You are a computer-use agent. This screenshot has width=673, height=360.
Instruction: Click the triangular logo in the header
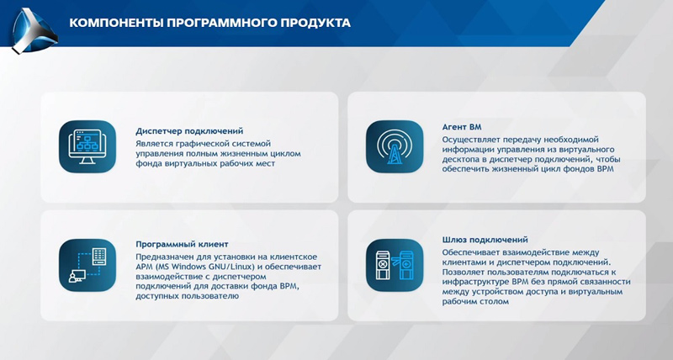(x=34, y=31)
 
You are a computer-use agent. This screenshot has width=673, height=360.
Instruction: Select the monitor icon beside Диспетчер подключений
(x=87, y=146)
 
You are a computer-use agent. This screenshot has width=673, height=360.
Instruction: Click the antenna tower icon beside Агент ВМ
(x=395, y=146)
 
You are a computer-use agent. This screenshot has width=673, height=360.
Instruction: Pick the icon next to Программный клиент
(x=87, y=265)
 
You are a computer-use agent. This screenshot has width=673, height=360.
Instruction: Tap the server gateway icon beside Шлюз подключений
(x=395, y=265)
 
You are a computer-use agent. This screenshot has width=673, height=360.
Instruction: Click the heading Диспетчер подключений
(x=189, y=131)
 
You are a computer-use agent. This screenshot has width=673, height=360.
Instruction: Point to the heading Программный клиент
(x=182, y=244)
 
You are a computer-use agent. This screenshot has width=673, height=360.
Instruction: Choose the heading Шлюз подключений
(x=485, y=240)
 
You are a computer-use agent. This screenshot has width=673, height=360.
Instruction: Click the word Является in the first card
(x=155, y=144)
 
